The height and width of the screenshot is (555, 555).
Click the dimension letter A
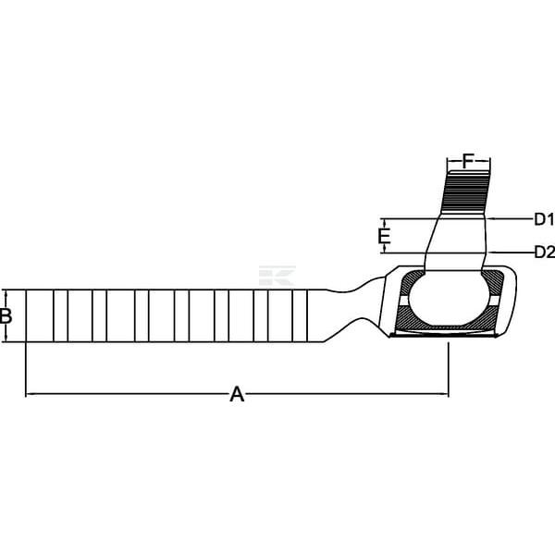click(237, 394)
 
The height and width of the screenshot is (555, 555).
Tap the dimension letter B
click(6, 316)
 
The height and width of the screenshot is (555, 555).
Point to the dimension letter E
click(384, 237)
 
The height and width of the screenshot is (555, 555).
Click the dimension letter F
click(468, 161)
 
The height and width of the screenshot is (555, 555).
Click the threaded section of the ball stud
click(466, 191)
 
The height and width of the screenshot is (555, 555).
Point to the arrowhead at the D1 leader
click(491, 219)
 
